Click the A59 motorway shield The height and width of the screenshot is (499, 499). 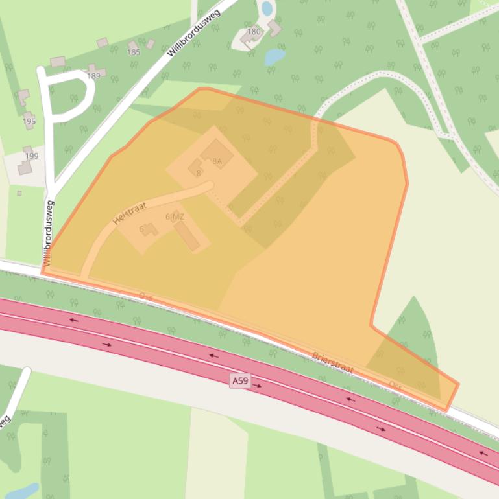point(239,381)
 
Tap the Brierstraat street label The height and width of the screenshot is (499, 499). point(332,362)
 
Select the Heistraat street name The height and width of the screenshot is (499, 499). point(130,213)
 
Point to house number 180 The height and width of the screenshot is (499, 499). point(254,31)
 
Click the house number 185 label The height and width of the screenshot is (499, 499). point(134,52)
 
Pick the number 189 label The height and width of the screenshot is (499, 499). point(94,76)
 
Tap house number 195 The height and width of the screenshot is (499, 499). point(29,121)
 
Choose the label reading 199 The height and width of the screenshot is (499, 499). point(32,156)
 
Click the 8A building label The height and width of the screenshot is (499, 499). point(217,160)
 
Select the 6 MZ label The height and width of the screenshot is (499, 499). point(175,216)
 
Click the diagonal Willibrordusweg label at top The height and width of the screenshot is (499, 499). point(194,32)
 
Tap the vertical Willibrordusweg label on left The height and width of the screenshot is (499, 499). point(49,233)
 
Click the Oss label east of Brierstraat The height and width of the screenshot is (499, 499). point(395,384)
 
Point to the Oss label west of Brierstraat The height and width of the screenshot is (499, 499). point(145,296)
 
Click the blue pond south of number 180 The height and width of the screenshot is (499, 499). point(274,56)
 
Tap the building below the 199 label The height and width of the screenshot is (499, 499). point(25,168)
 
